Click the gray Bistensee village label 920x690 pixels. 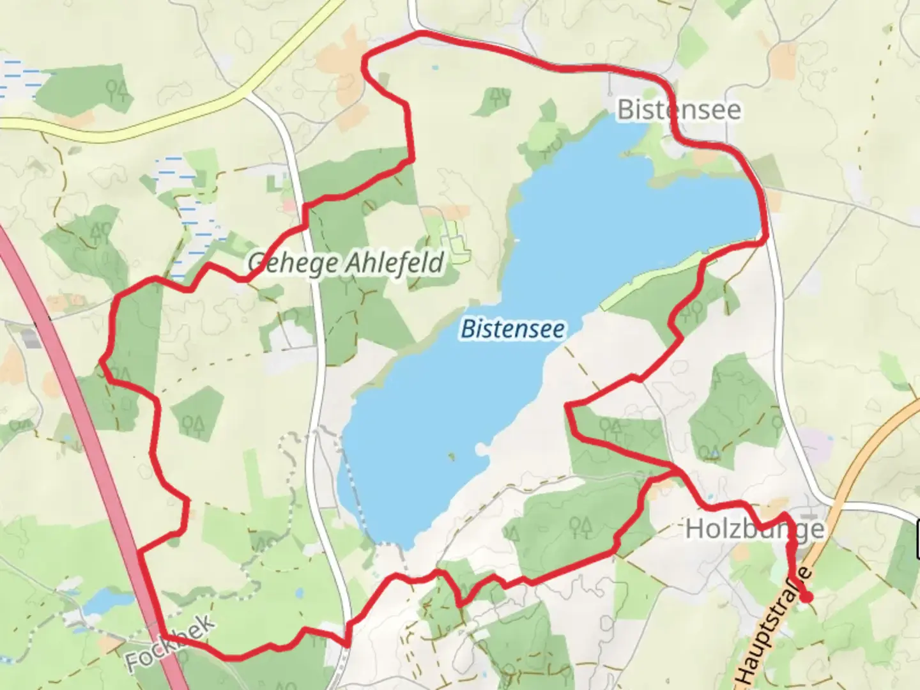click(x=678, y=110)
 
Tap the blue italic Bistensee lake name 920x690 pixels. click(x=512, y=329)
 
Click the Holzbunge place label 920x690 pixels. click(x=755, y=529)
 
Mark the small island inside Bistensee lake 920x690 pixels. click(x=452, y=456)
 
